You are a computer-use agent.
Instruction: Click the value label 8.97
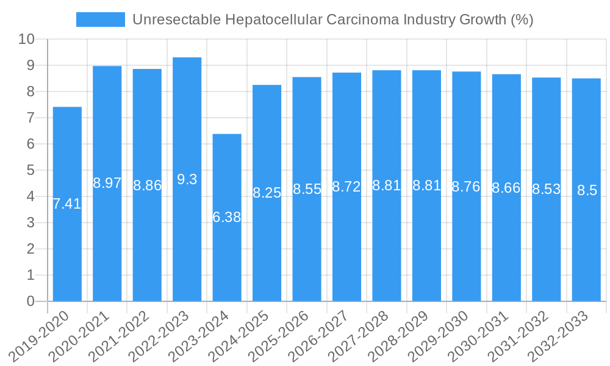(x=107, y=183)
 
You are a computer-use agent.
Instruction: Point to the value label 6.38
(x=227, y=217)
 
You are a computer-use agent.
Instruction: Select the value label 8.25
(x=267, y=193)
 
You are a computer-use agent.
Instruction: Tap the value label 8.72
(x=346, y=187)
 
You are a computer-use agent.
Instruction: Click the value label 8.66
(x=506, y=188)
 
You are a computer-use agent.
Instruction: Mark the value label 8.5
(x=587, y=190)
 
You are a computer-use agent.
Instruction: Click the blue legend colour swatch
(x=100, y=20)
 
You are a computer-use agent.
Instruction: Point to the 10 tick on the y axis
(x=26, y=40)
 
